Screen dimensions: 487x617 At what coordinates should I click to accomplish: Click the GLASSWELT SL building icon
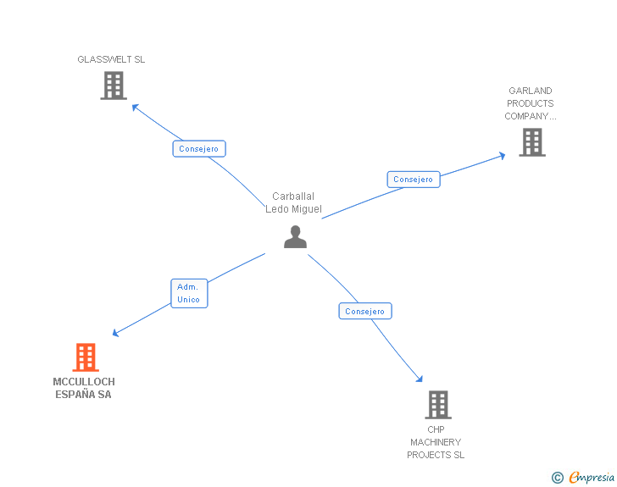(114, 86)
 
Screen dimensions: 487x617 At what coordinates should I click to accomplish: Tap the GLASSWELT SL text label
(111, 59)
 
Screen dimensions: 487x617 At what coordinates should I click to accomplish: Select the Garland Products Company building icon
(531, 142)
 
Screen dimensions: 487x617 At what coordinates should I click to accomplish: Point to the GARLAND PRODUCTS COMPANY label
(531, 103)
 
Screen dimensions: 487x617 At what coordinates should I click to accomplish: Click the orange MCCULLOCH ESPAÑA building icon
(85, 357)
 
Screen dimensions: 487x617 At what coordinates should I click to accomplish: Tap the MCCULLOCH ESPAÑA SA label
(84, 388)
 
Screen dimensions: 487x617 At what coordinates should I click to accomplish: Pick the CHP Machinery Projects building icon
(437, 405)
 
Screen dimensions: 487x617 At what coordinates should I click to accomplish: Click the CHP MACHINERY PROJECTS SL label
(436, 442)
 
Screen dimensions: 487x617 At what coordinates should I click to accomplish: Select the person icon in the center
(295, 236)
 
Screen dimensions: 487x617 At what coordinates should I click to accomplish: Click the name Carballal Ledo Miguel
(293, 202)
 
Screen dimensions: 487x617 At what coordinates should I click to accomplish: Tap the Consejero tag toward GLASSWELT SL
(198, 149)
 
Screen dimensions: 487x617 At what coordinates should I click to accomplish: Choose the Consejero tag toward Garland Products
(413, 180)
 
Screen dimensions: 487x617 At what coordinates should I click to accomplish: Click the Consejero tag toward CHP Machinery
(364, 312)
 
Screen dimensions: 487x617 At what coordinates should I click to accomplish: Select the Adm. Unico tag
(188, 293)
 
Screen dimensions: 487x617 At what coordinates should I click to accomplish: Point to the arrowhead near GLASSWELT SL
(134, 106)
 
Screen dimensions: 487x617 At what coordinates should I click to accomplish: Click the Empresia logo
(592, 478)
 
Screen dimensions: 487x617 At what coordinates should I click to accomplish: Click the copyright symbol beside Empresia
(557, 479)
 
